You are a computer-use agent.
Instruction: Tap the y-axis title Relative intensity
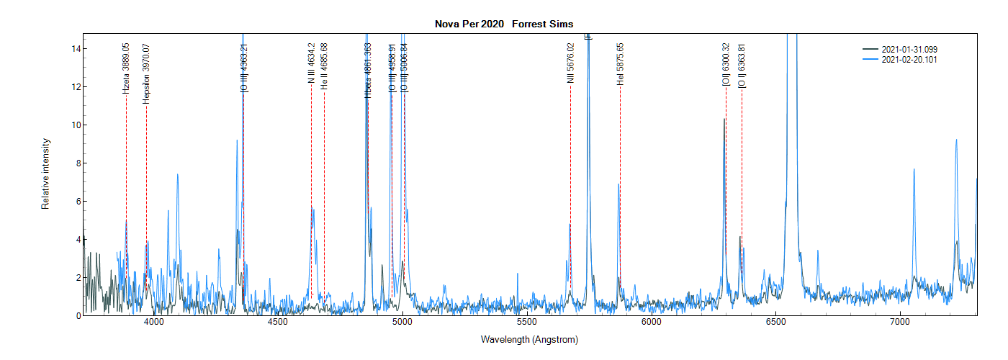coord(45,174)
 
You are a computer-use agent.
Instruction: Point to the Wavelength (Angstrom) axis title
coord(529,339)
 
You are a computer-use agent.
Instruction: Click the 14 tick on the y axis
coord(74,48)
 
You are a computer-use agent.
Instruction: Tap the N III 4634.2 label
coord(311,64)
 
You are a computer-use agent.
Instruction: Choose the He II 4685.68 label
coord(324,66)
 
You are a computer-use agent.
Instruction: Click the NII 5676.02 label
coord(570,63)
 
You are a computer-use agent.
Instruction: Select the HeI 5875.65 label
coord(620,64)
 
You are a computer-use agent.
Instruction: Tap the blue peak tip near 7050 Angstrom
coord(914,169)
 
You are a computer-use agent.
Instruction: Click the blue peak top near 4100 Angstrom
coord(177,174)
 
